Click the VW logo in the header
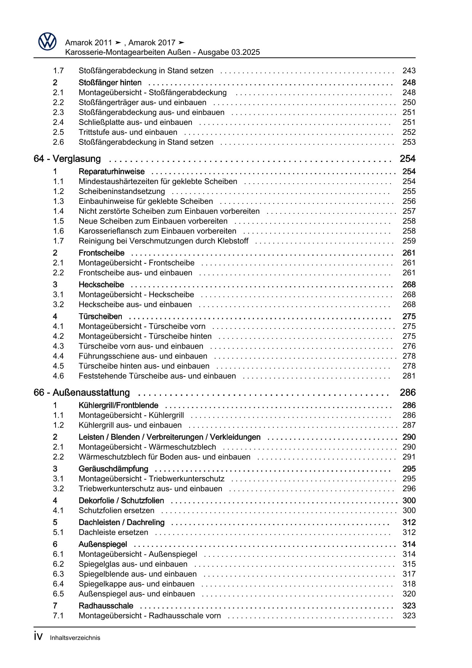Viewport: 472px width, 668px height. [x=47, y=42]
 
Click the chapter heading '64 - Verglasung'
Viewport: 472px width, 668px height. [x=67, y=159]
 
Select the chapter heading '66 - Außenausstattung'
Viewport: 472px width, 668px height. [x=81, y=392]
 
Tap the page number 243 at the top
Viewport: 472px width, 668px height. [x=409, y=71]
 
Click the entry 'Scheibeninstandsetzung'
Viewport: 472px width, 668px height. [x=121, y=192]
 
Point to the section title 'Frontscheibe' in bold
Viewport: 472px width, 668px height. [x=101, y=253]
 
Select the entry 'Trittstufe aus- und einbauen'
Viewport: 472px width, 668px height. [x=128, y=132]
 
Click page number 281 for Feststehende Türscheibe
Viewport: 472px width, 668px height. [x=409, y=376]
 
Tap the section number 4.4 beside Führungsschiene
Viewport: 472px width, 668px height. [x=58, y=356]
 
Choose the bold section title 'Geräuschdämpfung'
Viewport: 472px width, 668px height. [x=113, y=469]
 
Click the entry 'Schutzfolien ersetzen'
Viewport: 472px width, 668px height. [x=116, y=511]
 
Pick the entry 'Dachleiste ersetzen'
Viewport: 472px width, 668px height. [x=113, y=532]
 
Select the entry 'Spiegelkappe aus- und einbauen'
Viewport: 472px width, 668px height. [x=136, y=584]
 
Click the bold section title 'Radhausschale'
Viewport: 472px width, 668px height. [x=106, y=606]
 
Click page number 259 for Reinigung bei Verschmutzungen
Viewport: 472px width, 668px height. [x=409, y=241]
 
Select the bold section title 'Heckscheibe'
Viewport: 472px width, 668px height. [x=101, y=285]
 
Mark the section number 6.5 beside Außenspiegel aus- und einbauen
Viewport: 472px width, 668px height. [x=58, y=594]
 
